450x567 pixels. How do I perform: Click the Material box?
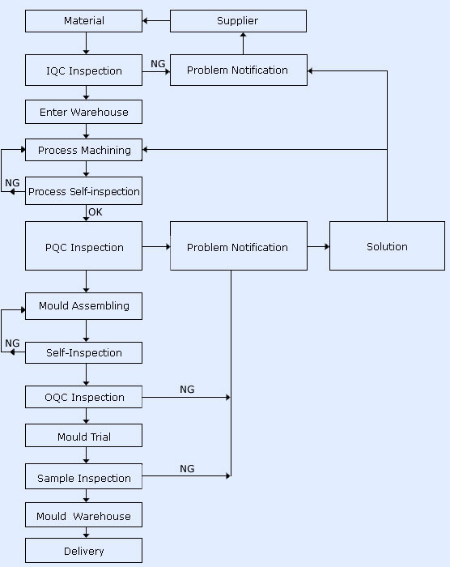(x=84, y=21)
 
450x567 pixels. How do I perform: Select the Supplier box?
(x=238, y=21)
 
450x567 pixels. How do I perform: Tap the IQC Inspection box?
(x=84, y=70)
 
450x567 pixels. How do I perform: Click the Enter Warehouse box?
(x=84, y=112)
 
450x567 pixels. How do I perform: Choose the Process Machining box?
(x=84, y=150)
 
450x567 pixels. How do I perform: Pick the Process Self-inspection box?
(x=84, y=191)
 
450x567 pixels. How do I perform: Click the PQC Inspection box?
(x=84, y=246)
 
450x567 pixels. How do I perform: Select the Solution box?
(x=387, y=246)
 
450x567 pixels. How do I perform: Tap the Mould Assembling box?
(x=84, y=306)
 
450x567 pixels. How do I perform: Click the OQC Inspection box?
(x=84, y=397)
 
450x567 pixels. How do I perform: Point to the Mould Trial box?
(x=84, y=436)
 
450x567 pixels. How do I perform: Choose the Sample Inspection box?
(x=84, y=476)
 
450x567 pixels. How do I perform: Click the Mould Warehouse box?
(x=84, y=515)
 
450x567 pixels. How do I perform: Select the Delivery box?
(x=84, y=550)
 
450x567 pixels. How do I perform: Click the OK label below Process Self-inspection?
(x=96, y=212)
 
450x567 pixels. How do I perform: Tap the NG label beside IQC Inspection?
(x=158, y=64)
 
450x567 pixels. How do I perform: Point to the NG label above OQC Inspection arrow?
(x=187, y=390)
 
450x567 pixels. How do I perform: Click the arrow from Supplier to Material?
(x=156, y=21)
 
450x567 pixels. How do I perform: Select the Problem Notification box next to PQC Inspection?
(x=239, y=246)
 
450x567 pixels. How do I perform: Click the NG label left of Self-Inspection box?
(x=12, y=343)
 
